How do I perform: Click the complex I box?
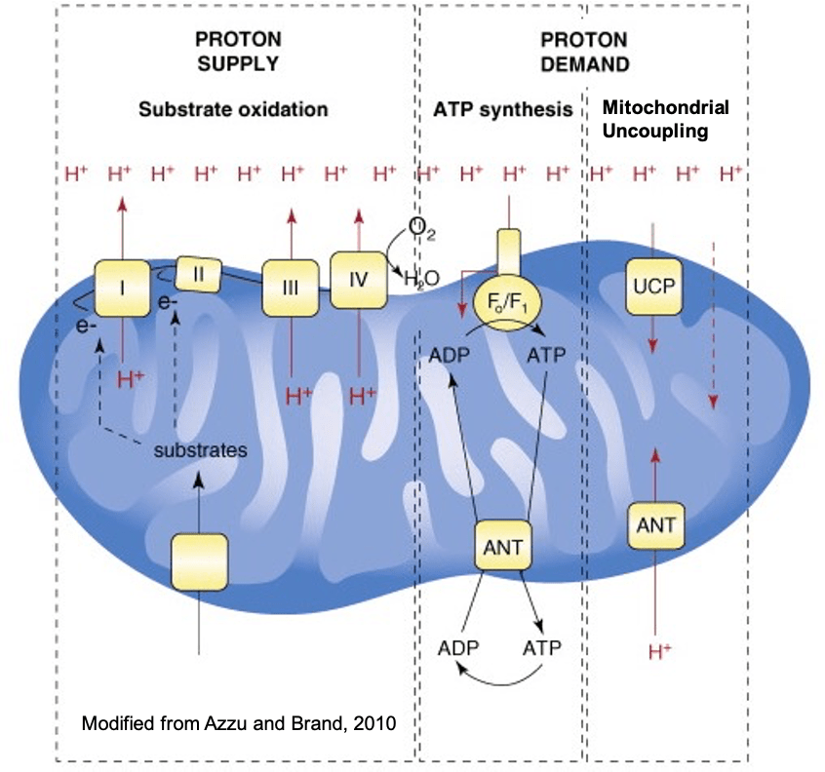[x=122, y=289]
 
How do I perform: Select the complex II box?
[x=198, y=274]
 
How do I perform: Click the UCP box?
[x=653, y=286]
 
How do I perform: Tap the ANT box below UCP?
[x=654, y=526]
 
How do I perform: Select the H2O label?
[x=421, y=280]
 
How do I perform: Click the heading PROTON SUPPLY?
[x=238, y=52]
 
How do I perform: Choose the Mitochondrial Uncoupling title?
[x=666, y=119]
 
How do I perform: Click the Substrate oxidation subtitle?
[x=232, y=109]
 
